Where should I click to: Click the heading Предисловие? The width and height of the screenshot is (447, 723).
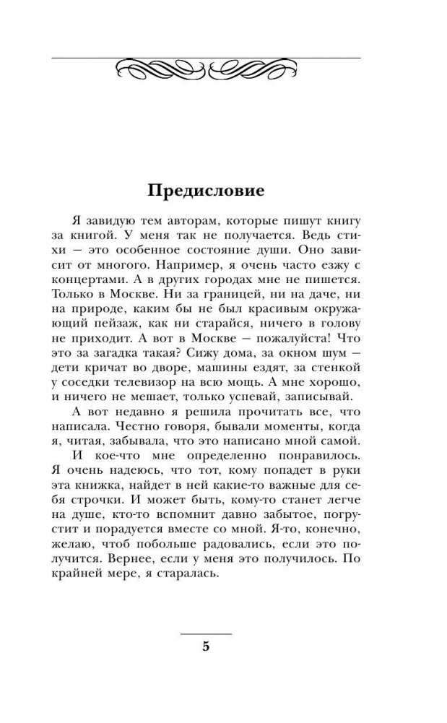coord(207,191)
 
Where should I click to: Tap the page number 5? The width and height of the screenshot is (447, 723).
coord(206,646)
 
